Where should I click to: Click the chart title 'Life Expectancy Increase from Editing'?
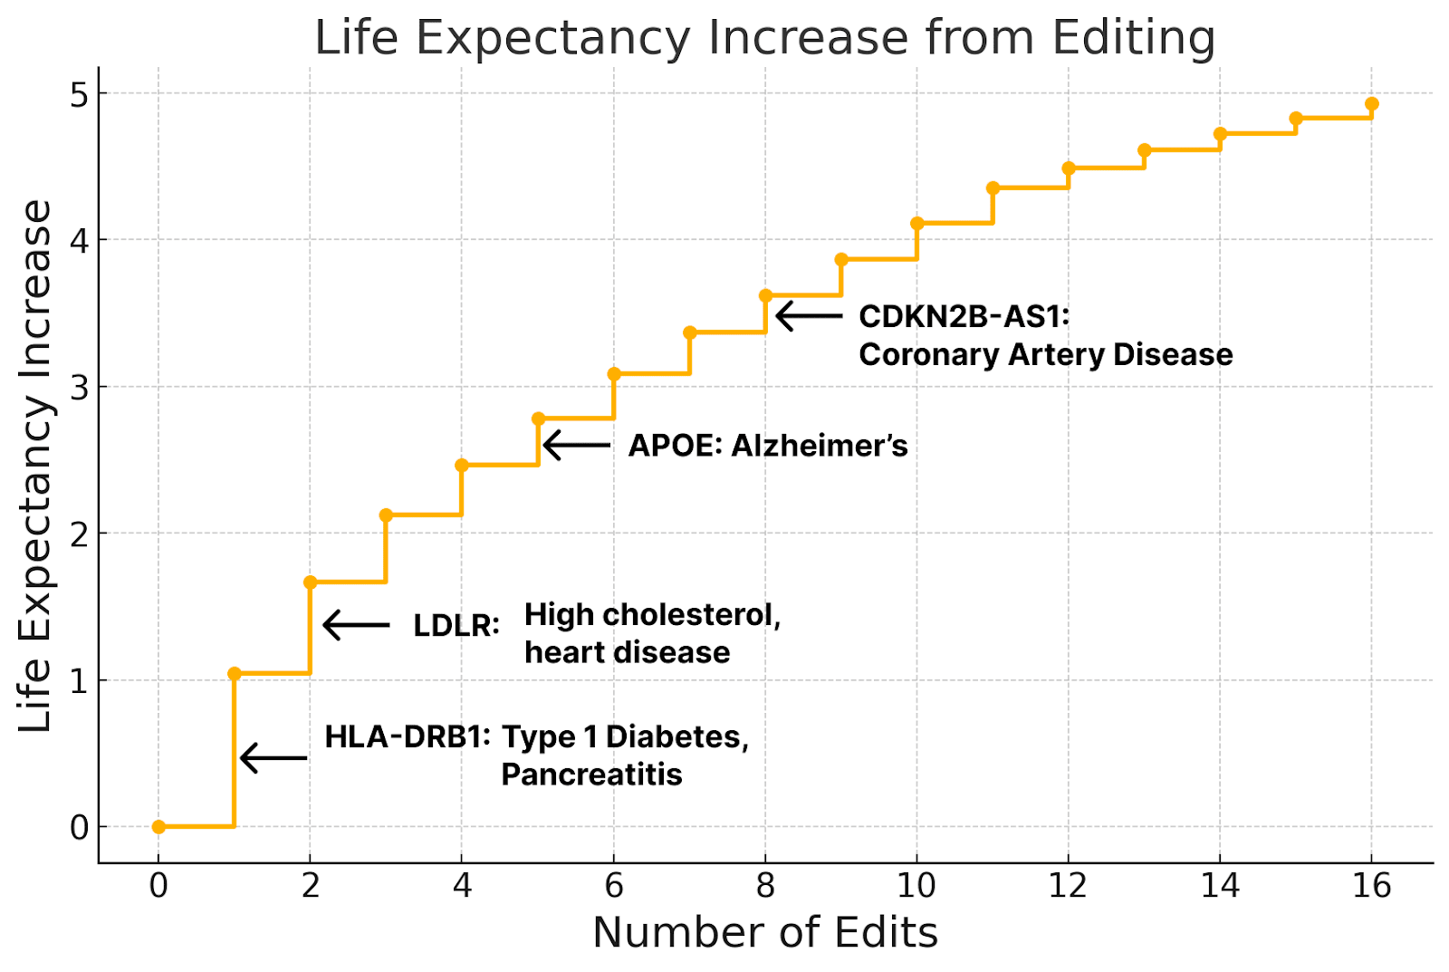pos(764,38)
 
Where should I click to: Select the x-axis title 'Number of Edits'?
pos(764,933)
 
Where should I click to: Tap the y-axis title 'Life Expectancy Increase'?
pos(36,466)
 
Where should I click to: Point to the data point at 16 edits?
pos(1371,104)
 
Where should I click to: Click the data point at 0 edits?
pos(158,826)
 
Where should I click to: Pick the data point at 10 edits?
pos(916,224)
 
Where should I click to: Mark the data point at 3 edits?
pos(386,515)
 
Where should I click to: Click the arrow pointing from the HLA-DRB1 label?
pos(273,757)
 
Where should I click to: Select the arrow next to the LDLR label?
pos(356,625)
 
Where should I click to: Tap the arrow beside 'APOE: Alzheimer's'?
pos(576,445)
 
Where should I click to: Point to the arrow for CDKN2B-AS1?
pos(809,315)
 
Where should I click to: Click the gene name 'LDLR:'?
pos(456,625)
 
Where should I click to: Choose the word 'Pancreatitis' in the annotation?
pos(591,775)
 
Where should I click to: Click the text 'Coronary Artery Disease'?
pos(1045,354)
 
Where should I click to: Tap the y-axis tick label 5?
pos(80,94)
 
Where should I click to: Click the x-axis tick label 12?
pos(1068,885)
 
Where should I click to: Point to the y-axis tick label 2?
pos(80,534)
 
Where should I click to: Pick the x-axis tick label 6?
pos(614,885)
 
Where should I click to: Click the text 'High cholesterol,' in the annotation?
pos(652,615)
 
